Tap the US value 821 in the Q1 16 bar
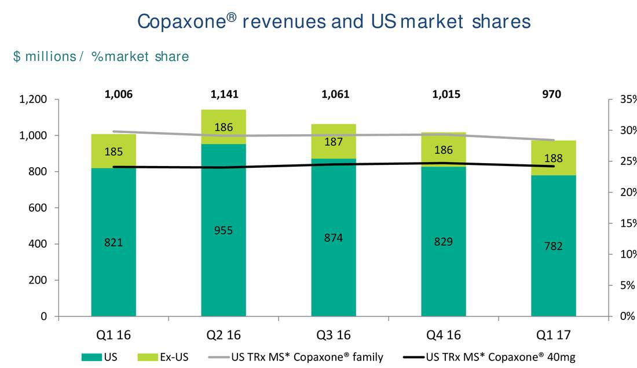pos(114,243)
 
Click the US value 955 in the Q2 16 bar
pos(224,230)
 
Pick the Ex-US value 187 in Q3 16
pos(334,142)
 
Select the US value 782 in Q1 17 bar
pos(554,246)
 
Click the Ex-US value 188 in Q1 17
pos(554,158)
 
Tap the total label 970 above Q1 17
pos(551,94)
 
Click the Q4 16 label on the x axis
pos(444,335)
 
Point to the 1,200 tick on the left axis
pos(32,100)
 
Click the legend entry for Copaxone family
pos(307,357)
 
